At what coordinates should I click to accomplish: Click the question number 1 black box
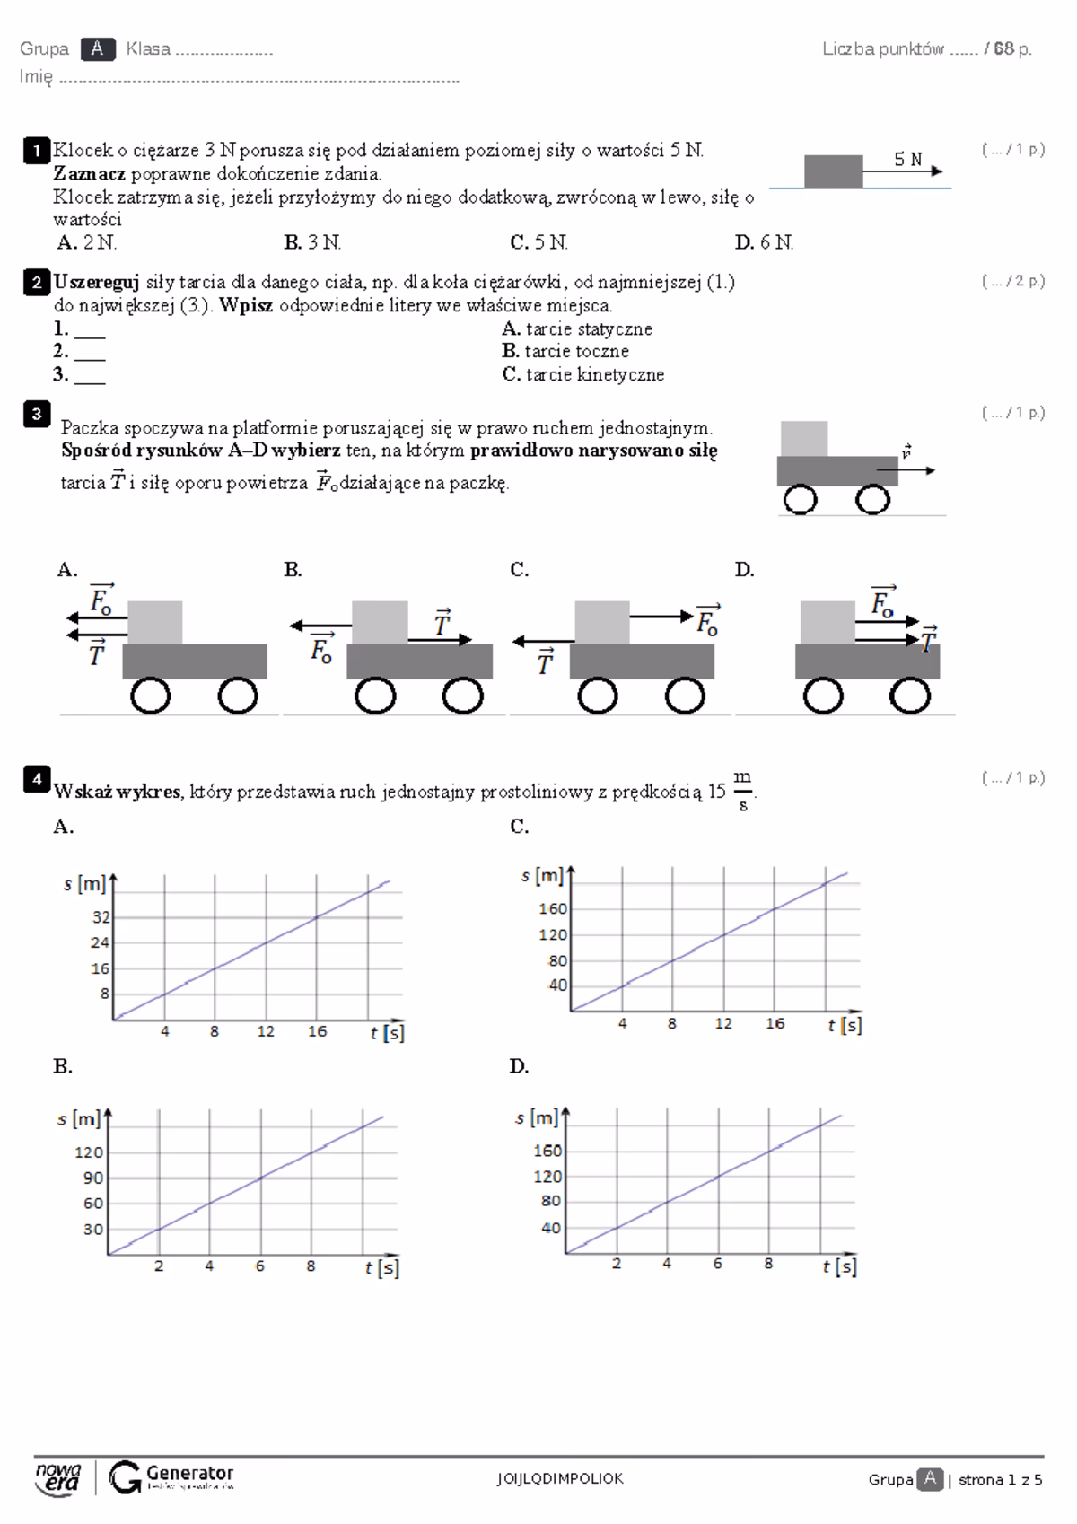tap(36, 151)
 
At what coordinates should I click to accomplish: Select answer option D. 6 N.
tap(764, 242)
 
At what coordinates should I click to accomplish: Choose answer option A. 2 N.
tap(87, 242)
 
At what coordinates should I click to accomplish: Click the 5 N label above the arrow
tap(907, 160)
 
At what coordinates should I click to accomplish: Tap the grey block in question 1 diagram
tap(833, 171)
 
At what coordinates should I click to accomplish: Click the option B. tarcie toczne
tap(565, 352)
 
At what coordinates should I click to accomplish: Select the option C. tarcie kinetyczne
tap(583, 375)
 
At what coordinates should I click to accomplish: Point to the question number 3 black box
tap(36, 414)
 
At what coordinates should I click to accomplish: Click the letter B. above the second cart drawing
tap(293, 570)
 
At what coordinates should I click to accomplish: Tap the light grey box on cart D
tap(827, 623)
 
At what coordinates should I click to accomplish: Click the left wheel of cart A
tap(150, 696)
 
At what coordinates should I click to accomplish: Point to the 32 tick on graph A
tap(100, 917)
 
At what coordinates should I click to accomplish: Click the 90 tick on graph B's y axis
tap(93, 1178)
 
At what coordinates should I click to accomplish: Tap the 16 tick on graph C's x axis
tap(775, 1024)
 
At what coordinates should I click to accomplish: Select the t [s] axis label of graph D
tap(839, 1266)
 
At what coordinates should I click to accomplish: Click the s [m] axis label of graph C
tap(542, 875)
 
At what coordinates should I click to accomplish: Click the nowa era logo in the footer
tap(58, 1478)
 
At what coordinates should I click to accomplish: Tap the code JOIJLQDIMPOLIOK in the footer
tap(560, 1479)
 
